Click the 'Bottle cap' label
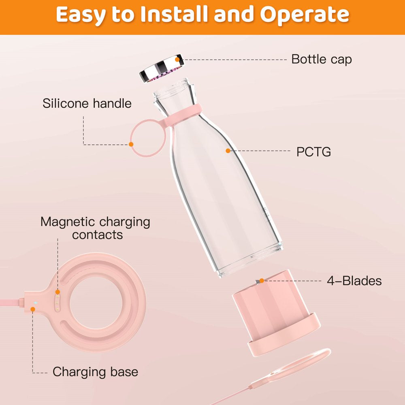click(321, 60)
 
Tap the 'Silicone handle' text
click(87, 103)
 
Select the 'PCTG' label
click(313, 152)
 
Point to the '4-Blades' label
click(354, 281)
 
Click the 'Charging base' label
click(95, 372)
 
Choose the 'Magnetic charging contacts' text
click(95, 228)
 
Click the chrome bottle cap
click(162, 68)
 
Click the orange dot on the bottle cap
click(177, 60)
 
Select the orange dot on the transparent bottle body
click(228, 151)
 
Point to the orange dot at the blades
click(262, 281)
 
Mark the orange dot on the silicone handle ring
click(131, 145)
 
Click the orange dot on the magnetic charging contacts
click(58, 292)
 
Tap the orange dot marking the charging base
click(33, 309)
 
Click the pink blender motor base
click(276, 313)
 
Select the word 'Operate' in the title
click(305, 15)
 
